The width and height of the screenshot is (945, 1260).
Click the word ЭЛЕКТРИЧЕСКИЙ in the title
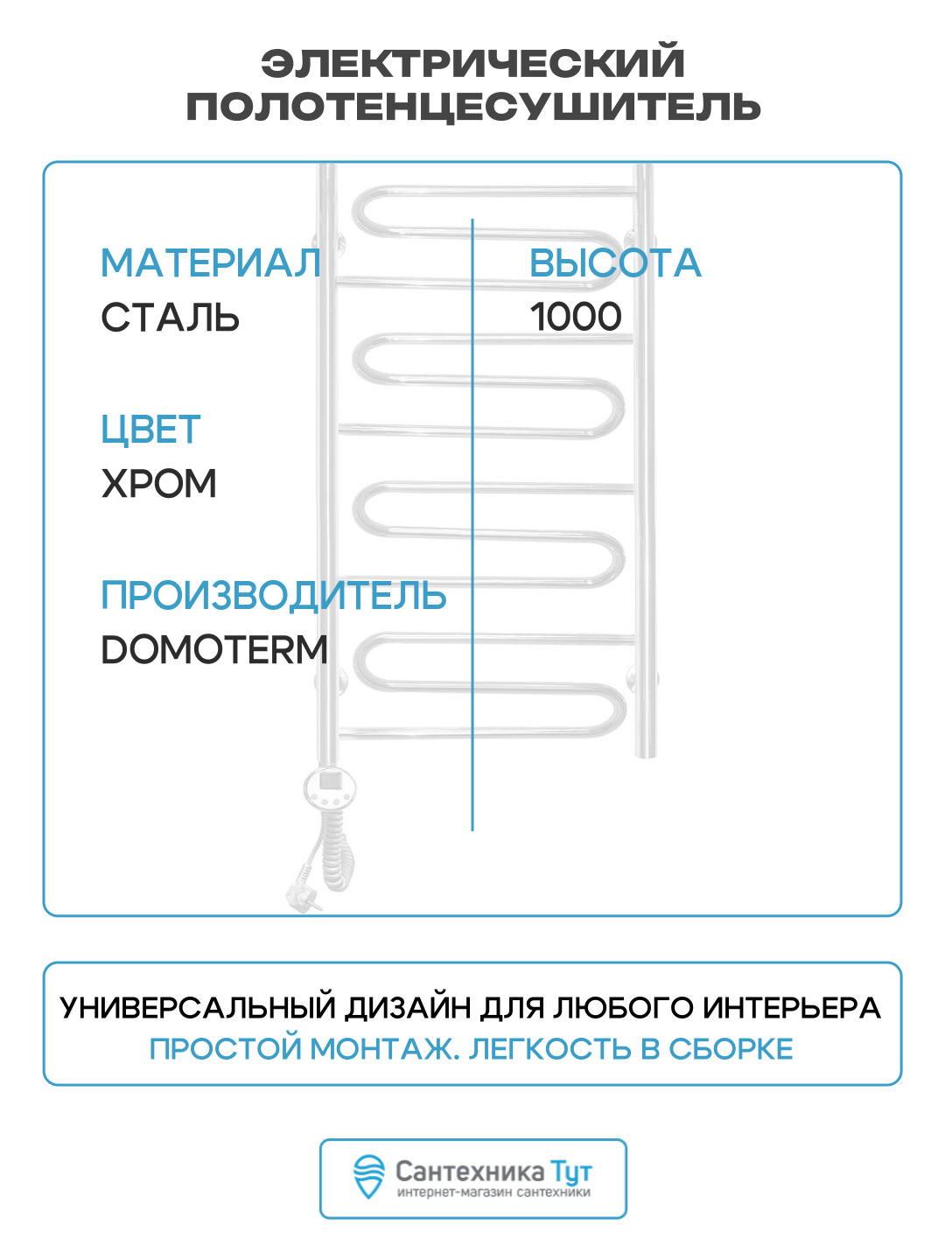(x=472, y=63)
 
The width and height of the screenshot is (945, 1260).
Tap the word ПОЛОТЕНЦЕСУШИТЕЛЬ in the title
(x=472, y=107)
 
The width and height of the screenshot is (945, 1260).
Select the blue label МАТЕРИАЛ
(x=211, y=263)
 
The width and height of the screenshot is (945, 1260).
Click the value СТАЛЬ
(x=170, y=317)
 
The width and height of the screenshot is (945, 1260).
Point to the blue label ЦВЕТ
(x=150, y=430)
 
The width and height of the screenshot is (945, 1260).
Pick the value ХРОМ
(x=158, y=484)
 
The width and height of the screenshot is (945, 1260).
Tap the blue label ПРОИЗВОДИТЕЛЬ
(x=273, y=596)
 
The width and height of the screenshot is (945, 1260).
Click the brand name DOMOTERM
(x=214, y=650)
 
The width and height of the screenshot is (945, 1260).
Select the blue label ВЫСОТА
(x=615, y=263)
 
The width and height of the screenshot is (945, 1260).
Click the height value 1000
(x=576, y=317)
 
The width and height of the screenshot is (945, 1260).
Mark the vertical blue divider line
(x=472, y=525)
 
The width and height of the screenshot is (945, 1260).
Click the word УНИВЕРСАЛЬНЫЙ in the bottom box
(x=198, y=1008)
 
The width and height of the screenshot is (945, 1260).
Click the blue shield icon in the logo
(x=369, y=1177)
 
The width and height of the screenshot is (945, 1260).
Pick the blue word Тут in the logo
(x=570, y=1172)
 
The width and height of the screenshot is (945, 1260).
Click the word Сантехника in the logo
(x=469, y=1172)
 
